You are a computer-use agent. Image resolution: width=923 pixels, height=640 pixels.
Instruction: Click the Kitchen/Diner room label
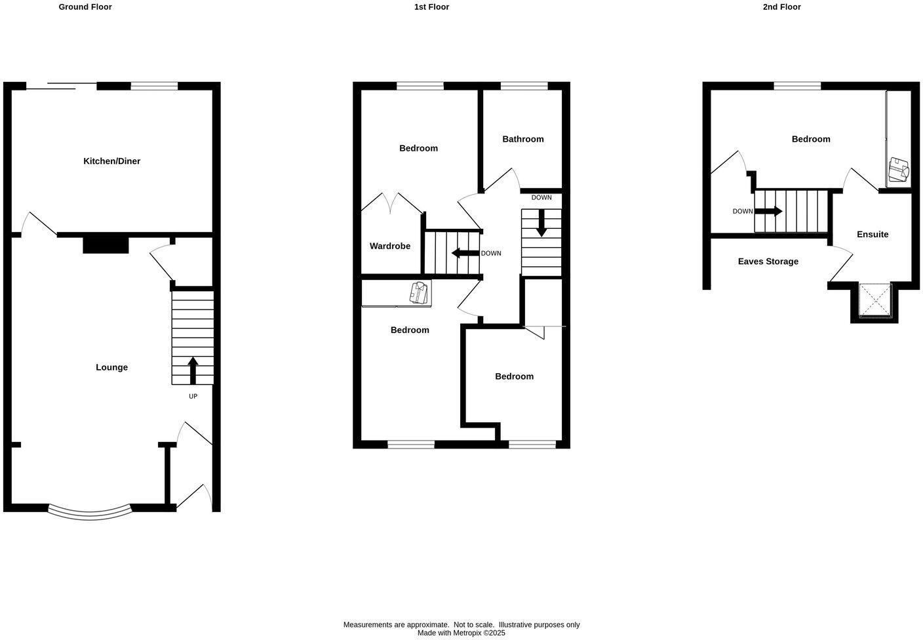(111, 161)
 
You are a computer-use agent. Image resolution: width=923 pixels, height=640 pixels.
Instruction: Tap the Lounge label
(111, 367)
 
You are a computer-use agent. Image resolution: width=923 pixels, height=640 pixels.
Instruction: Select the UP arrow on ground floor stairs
(193, 370)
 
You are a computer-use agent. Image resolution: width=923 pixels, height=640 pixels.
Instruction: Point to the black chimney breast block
(106, 245)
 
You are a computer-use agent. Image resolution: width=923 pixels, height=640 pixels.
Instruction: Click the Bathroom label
(522, 139)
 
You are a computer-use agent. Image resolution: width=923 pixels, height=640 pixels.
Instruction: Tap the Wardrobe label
(389, 246)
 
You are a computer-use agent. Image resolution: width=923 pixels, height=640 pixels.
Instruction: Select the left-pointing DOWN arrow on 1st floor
(465, 253)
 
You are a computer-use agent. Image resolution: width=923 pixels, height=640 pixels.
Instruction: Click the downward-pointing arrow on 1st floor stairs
(541, 223)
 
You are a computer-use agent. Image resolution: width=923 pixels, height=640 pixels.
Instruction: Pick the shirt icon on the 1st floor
(418, 292)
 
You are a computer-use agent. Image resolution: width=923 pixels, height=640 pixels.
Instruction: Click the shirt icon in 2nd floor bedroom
(898, 170)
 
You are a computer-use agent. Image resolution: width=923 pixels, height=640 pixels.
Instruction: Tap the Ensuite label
(873, 234)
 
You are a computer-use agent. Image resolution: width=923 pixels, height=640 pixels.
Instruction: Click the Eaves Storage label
(768, 262)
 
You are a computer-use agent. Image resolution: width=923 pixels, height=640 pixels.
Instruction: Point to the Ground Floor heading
(85, 7)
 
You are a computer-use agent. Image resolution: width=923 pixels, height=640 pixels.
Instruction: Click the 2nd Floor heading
(781, 7)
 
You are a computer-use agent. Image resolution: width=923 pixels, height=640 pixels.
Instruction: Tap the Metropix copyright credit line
(461, 633)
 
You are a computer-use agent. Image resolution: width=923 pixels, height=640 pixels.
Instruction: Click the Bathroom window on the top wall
(524, 85)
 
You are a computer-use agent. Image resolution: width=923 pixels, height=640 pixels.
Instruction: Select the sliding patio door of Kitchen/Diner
(62, 85)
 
